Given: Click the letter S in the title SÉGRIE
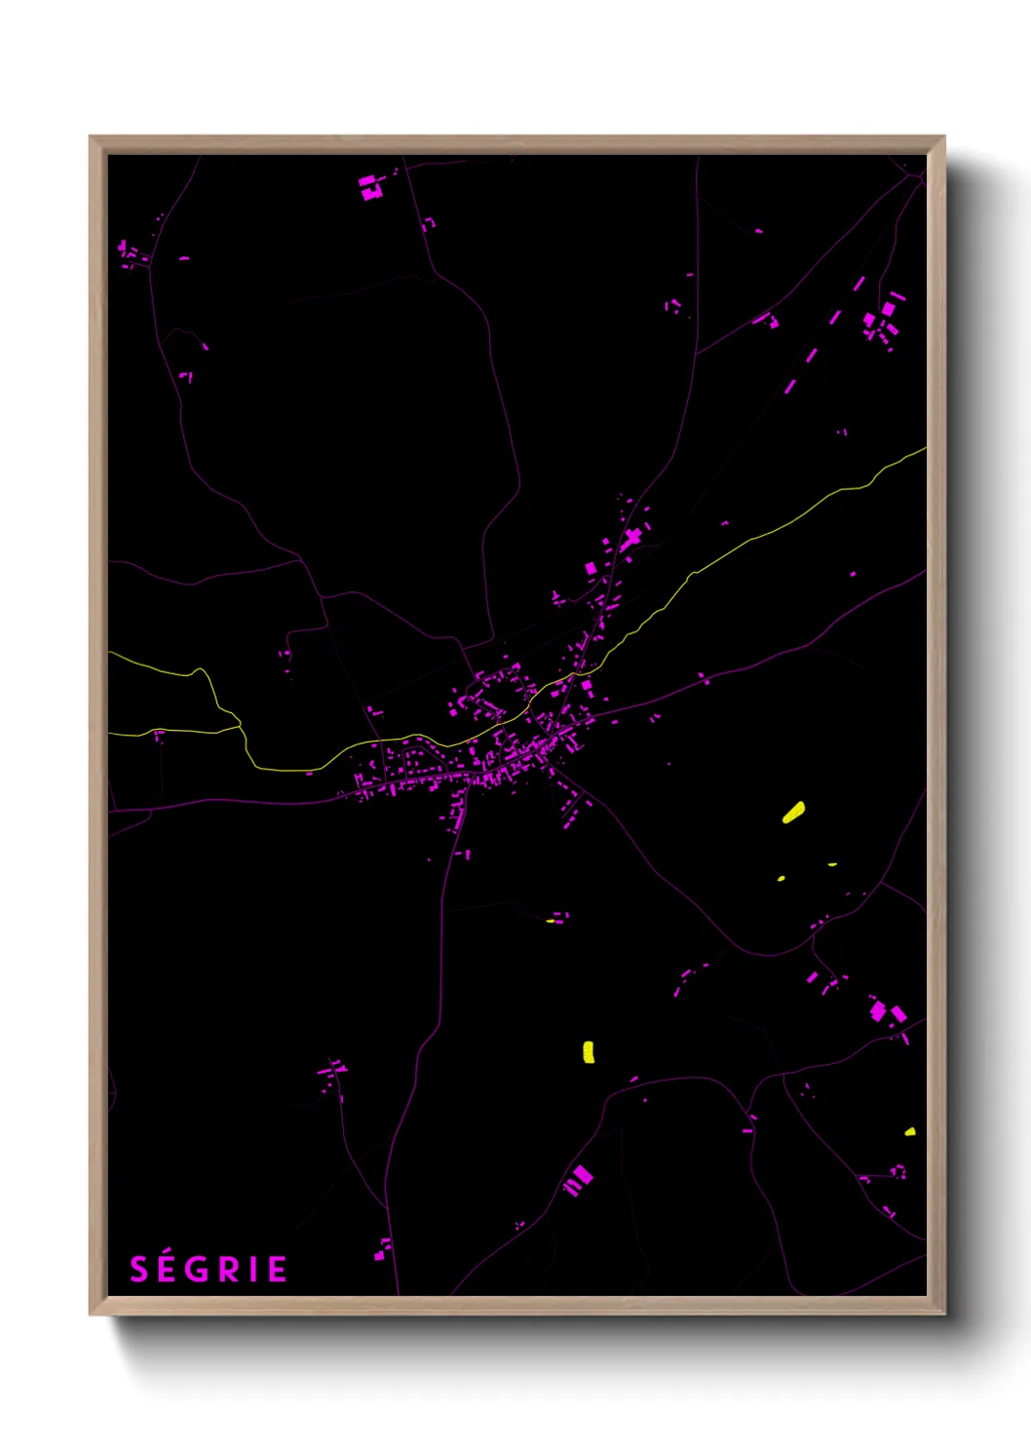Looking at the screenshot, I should coord(138,1270).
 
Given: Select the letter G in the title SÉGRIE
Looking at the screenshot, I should coord(198,1270).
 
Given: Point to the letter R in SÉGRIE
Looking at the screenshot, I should coord(228,1270).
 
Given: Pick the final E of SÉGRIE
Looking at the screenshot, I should coord(277,1270).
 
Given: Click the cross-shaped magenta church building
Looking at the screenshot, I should coord(632,536).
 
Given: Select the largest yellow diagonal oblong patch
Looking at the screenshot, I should coord(794,812).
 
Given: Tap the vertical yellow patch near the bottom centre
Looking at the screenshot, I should coord(589,1051).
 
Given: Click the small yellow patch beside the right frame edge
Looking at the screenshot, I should coord(909,1132).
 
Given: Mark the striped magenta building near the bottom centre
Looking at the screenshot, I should coord(578,1181).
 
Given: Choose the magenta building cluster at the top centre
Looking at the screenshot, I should coord(370,187).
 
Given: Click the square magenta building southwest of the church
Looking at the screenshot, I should coord(591,568).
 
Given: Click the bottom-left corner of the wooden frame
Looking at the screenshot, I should coord(91,1313).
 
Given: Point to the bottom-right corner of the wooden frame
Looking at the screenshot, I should coord(943,1313).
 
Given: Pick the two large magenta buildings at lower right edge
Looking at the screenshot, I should coord(887,1012).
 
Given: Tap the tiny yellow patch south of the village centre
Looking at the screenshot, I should coord(551,921).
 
